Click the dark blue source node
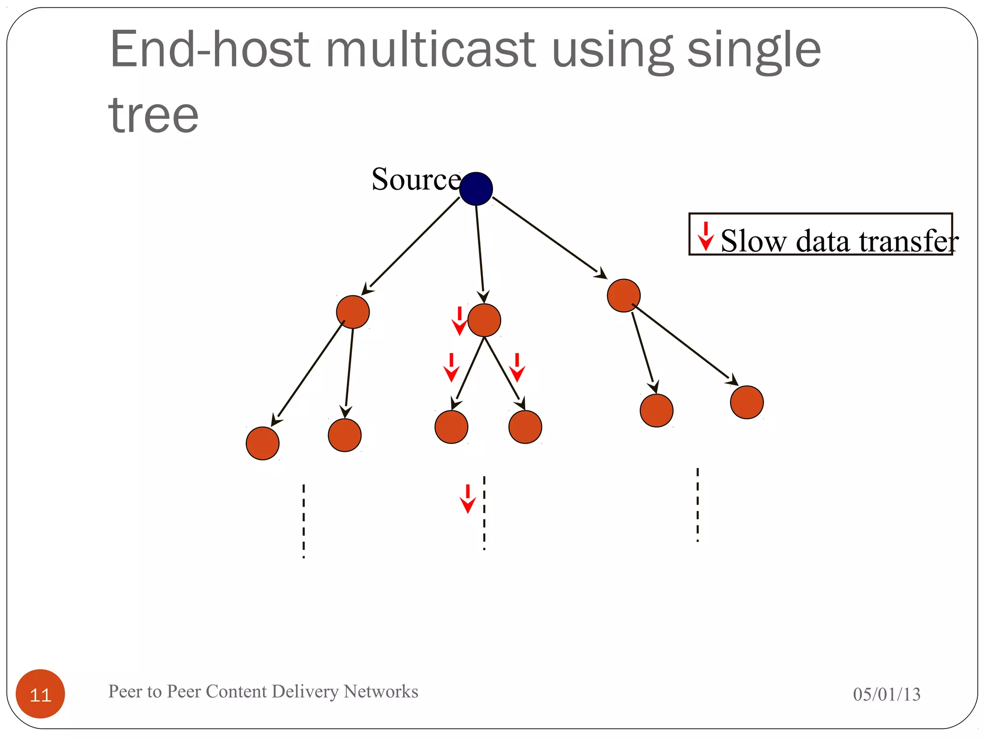pos(476,189)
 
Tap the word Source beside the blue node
pos(416,179)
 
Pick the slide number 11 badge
pos(40,694)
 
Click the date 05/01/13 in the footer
pos(886,694)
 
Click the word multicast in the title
pos(430,49)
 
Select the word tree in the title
pos(153,115)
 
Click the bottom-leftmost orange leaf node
pos(263,443)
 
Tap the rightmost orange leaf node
pos(746,402)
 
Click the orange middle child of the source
pos(484,320)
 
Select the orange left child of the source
pos(353,312)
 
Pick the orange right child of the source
pos(623,295)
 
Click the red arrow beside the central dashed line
pos(467,499)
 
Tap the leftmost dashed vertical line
pos(303,521)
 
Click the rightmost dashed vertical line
pos(697,505)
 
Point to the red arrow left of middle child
pos(459,321)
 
